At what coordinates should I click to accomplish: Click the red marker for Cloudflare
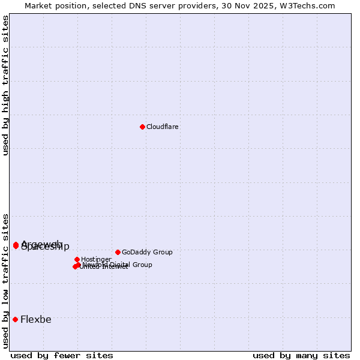coord(142,127)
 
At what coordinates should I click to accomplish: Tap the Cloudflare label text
coord(163,127)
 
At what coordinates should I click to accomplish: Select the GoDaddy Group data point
coord(118,252)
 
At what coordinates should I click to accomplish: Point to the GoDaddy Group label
coord(147,253)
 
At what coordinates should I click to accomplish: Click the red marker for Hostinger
coord(77,259)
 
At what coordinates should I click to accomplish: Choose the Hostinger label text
coord(96,260)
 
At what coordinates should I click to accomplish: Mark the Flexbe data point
coord(15,319)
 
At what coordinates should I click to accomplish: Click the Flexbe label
coord(36,320)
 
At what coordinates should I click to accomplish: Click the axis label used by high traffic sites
coord(6,85)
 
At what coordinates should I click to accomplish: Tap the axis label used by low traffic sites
coord(6,281)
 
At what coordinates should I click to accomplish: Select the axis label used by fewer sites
coord(62,356)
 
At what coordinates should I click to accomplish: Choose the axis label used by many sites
coord(301,356)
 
